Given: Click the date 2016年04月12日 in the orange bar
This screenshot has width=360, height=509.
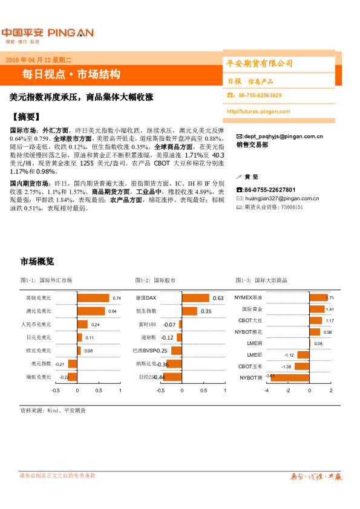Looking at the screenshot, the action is (38, 60).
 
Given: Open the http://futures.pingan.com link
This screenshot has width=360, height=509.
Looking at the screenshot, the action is (259, 111).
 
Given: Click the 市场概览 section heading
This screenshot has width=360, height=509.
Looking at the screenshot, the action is (37, 262).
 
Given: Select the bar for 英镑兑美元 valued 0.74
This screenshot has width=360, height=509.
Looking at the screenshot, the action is (93, 298).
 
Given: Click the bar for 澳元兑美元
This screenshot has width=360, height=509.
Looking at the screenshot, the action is (91, 311).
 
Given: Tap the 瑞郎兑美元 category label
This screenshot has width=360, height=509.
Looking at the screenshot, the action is (38, 377).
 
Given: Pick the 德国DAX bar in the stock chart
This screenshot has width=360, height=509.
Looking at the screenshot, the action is (195, 298).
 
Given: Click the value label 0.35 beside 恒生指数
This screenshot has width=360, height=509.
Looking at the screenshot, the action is (206, 311).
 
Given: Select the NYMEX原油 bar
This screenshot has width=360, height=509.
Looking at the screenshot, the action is (318, 298).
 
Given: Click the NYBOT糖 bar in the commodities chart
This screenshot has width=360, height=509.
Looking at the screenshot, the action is (288, 377).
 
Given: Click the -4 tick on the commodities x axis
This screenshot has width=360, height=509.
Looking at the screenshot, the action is (266, 391).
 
